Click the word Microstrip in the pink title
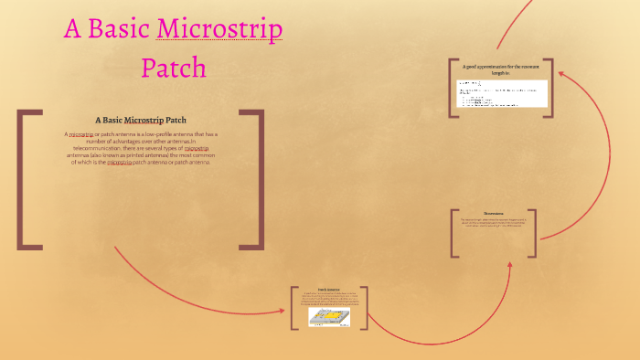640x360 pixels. (x=219, y=29)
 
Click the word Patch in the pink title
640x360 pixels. (x=174, y=68)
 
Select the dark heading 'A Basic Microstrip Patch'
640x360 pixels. (x=141, y=120)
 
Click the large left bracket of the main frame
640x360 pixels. (x=27, y=179)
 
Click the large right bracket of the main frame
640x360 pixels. (x=253, y=179)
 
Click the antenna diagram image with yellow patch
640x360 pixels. (x=328, y=316)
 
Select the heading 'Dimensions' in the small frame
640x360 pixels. (x=494, y=213)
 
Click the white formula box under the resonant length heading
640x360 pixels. (x=502, y=93)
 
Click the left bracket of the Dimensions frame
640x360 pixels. (x=453, y=233)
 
